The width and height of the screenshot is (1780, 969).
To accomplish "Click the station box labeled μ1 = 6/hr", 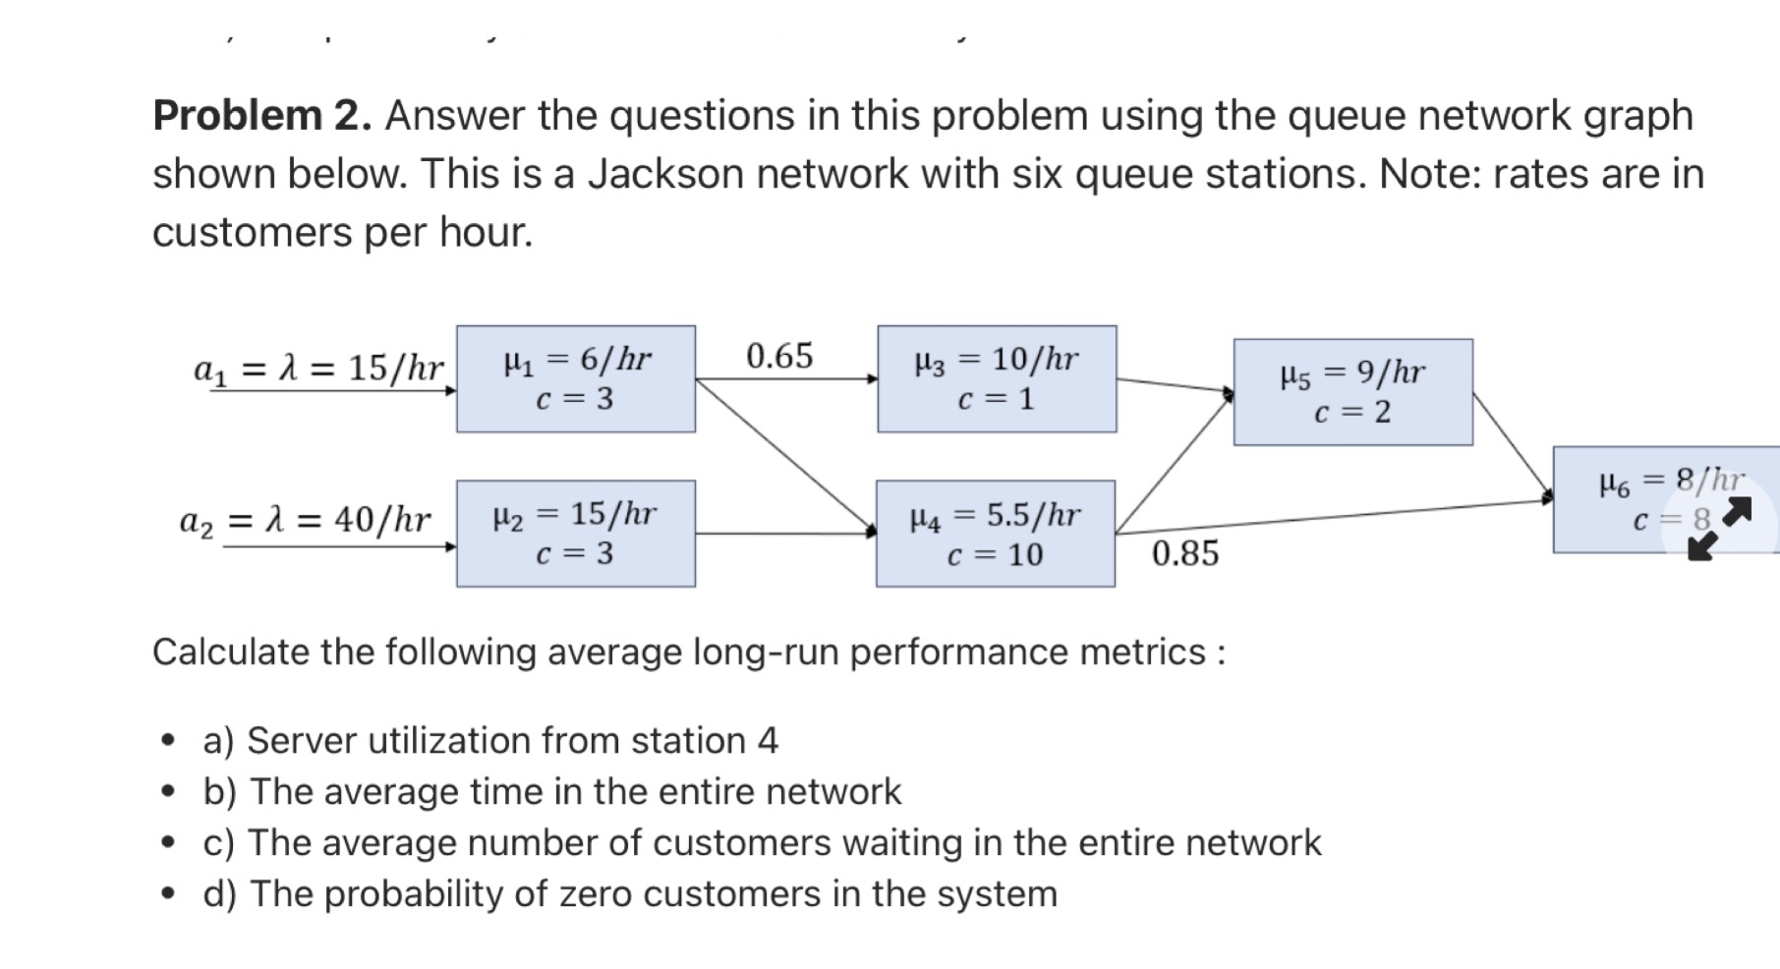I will click(576, 378).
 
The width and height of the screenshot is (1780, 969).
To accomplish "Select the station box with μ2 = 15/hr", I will click(576, 534).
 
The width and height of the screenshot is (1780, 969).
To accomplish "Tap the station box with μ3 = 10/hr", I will click(997, 378).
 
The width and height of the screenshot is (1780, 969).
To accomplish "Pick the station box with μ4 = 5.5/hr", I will click(996, 534).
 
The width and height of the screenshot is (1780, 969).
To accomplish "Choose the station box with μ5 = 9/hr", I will click(1353, 392).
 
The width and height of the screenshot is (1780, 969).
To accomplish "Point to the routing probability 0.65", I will click(779, 356).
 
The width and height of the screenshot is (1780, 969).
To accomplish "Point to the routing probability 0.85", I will click(1185, 553).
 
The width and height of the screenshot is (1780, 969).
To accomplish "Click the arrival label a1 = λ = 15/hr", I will click(319, 369).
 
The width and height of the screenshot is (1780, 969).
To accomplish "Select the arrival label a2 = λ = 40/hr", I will click(306, 519).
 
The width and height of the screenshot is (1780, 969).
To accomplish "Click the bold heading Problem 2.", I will click(262, 116).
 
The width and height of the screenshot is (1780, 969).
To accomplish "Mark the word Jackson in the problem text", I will click(665, 175).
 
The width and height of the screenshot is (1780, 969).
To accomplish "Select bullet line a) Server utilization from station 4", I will click(490, 740).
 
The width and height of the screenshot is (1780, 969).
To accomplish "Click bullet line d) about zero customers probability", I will click(629, 893).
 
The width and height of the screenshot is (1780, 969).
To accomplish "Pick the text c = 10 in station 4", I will click(995, 555).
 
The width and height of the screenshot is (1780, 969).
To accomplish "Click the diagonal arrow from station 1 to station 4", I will click(784, 454).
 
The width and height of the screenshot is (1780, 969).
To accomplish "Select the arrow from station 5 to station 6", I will click(1512, 444).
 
